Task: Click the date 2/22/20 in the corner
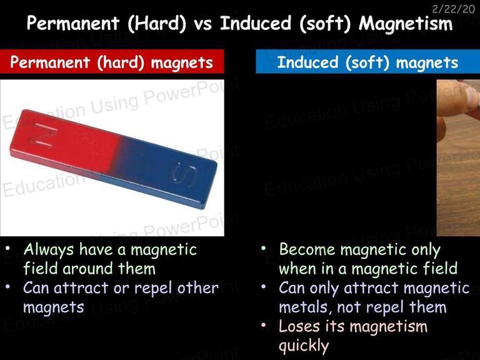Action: (x=453, y=9)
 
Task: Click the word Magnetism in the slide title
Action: (x=406, y=23)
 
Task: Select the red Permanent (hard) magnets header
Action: (x=112, y=61)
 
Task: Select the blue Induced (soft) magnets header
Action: (x=368, y=61)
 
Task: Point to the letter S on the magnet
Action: (x=184, y=174)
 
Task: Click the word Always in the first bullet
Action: (x=49, y=250)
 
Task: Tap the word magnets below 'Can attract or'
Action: (x=54, y=307)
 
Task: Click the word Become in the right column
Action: (x=307, y=249)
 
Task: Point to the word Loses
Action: (x=299, y=326)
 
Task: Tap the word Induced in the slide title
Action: (x=256, y=23)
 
